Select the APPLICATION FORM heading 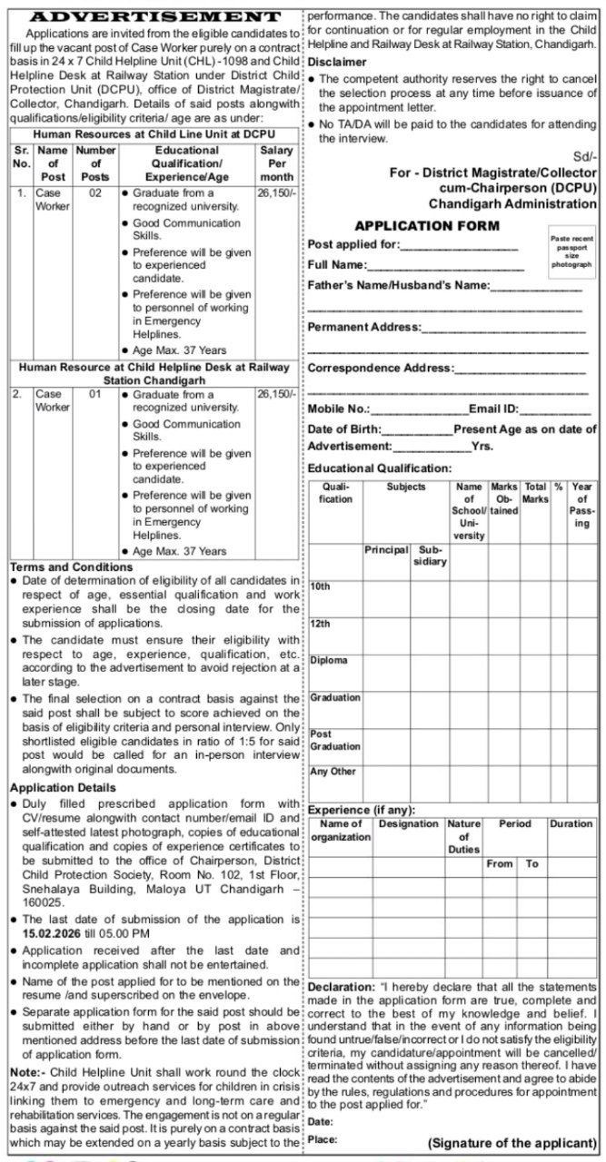[426, 225]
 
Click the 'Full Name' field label [336, 265]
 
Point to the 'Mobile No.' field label [339, 409]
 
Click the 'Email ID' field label [493, 409]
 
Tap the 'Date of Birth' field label [344, 428]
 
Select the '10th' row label [320, 587]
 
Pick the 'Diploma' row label [328, 661]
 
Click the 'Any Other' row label [333, 772]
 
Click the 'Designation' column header [408, 824]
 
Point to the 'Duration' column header [571, 824]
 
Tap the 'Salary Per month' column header [276, 163]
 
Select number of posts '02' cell [94, 193]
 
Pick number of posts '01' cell [94, 395]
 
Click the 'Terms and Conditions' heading [71, 566]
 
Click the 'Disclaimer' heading [337, 62]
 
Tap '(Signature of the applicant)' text [512, 1142]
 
